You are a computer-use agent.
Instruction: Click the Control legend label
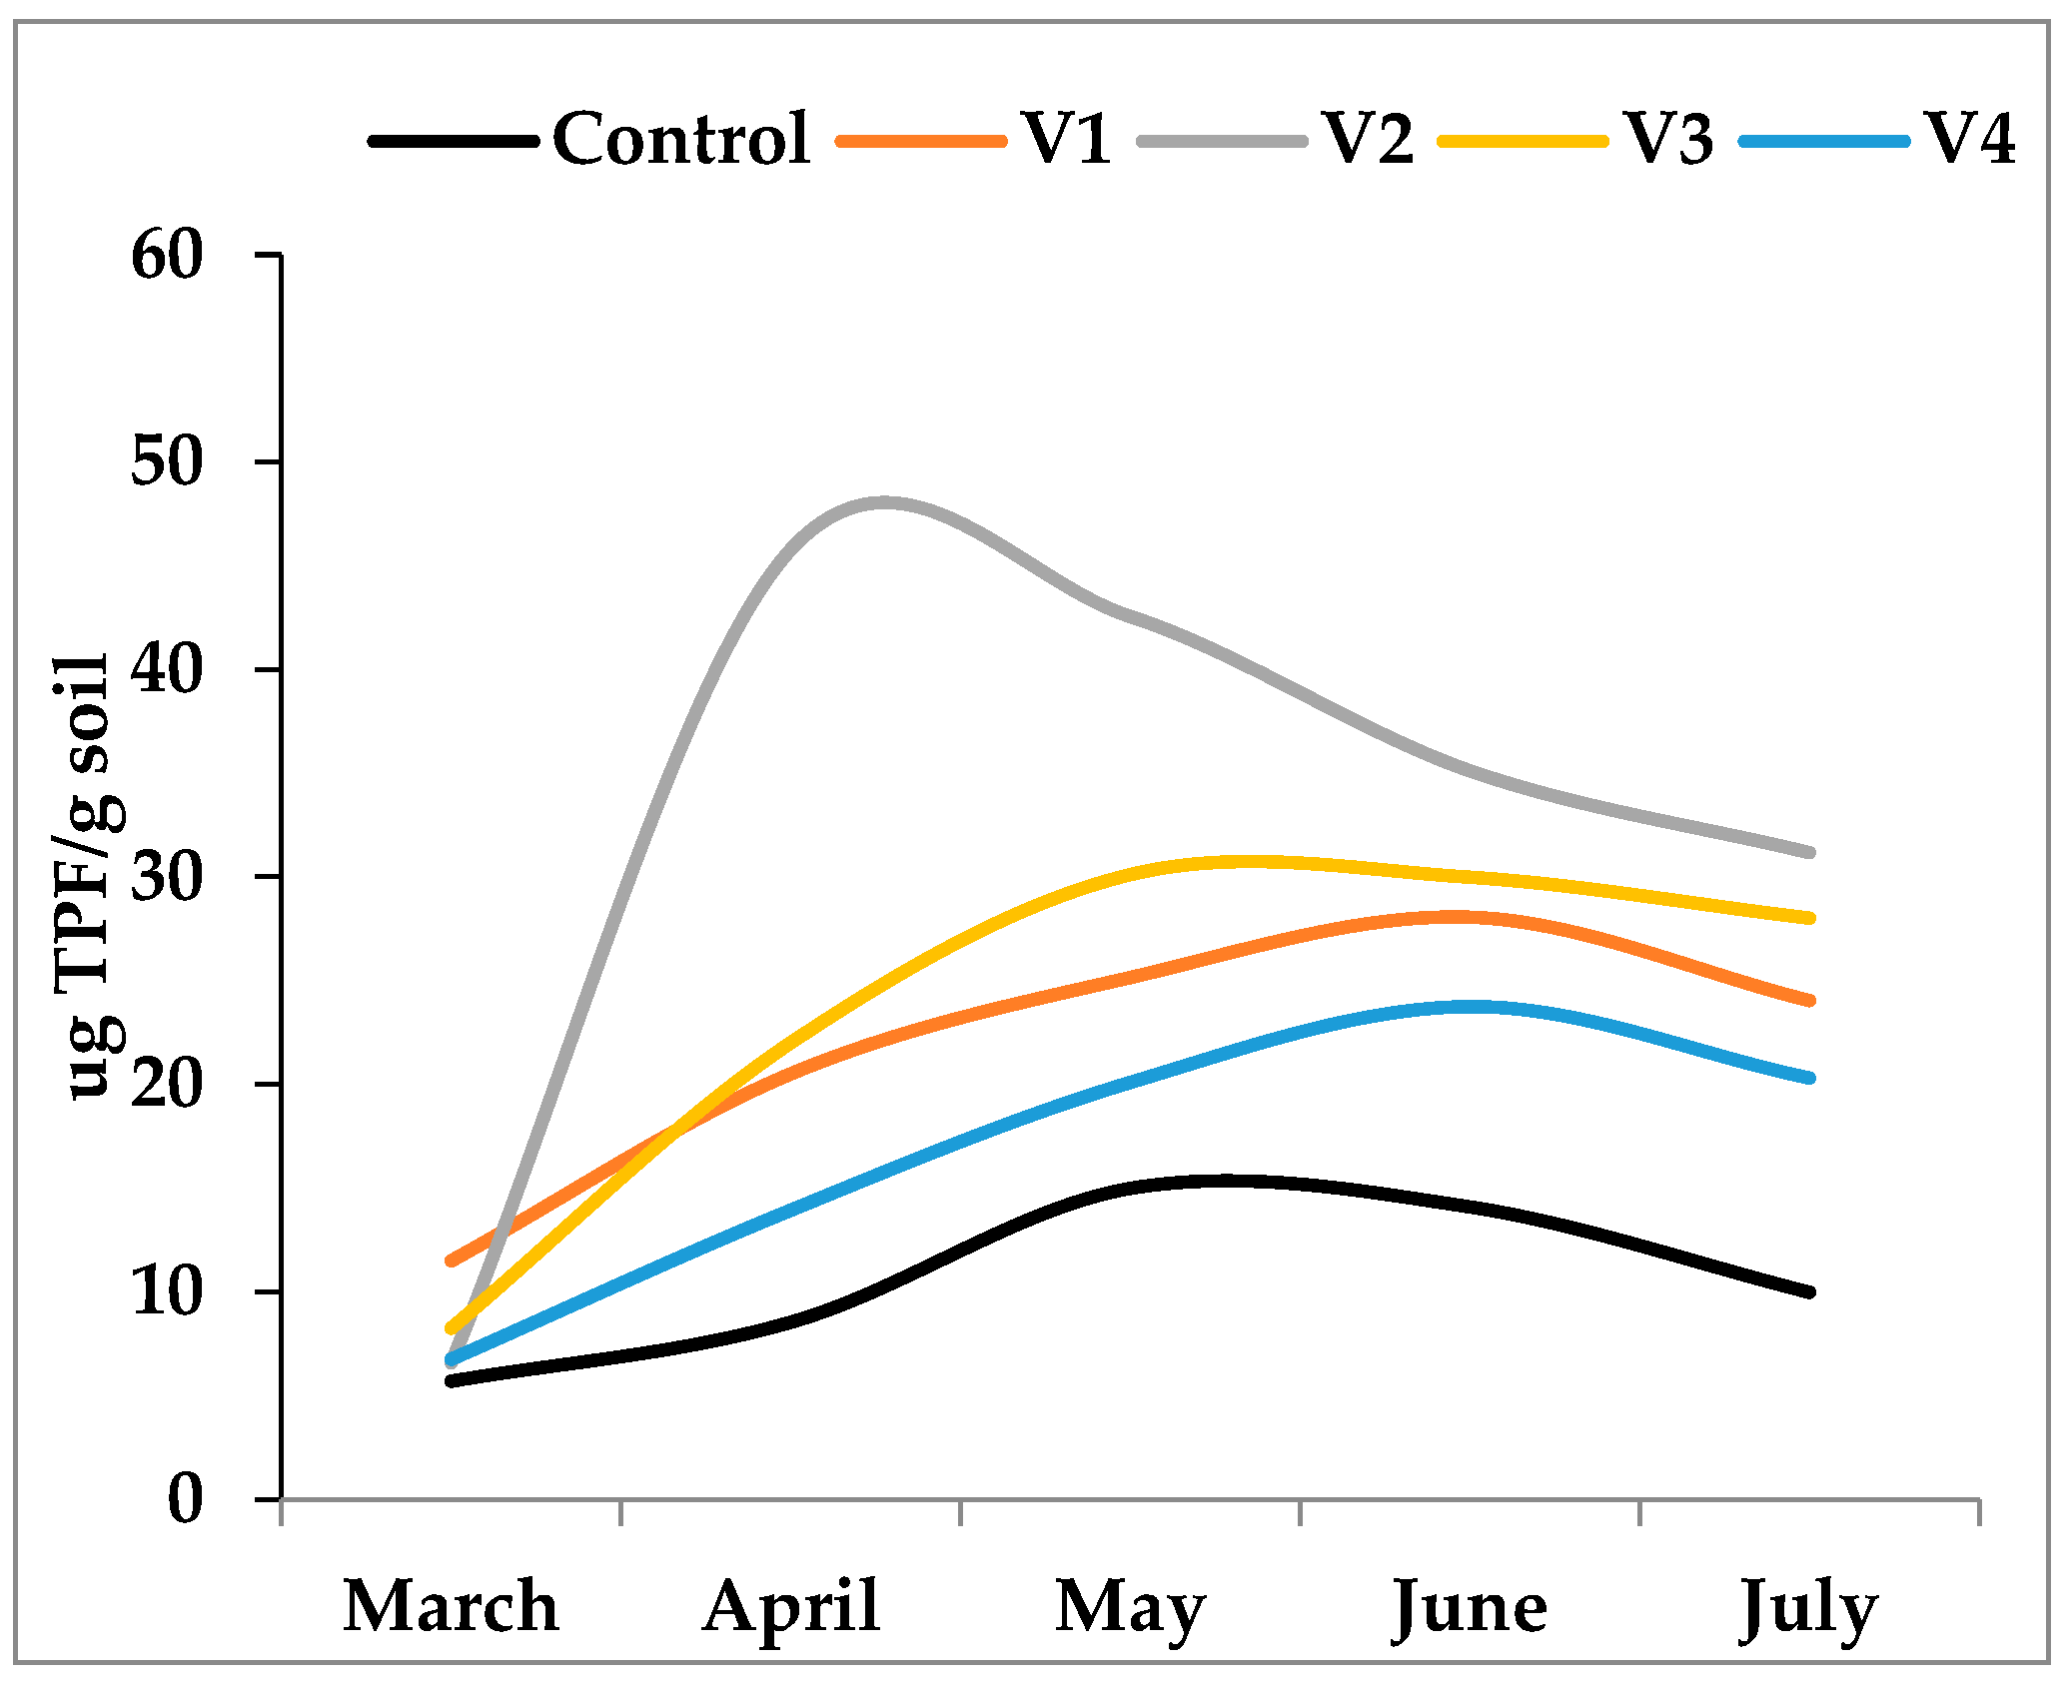pyautogui.click(x=680, y=139)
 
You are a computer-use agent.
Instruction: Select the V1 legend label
pyautogui.click(x=1067, y=139)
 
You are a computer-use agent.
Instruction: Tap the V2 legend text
pyautogui.click(x=1369, y=139)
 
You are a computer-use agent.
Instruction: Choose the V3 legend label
pyautogui.click(x=1669, y=139)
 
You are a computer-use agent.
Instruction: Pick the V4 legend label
pyautogui.click(x=1970, y=139)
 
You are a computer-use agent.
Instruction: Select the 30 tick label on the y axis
pyautogui.click(x=167, y=878)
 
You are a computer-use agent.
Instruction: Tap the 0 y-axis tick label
pyautogui.click(x=185, y=1499)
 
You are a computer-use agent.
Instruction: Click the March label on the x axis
pyautogui.click(x=451, y=1607)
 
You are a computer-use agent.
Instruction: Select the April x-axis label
pyautogui.click(x=791, y=1607)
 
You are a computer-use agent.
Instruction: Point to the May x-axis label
pyautogui.click(x=1130, y=1609)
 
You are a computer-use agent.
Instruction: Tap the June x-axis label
pyautogui.click(x=1470, y=1609)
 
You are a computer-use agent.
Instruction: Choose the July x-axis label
pyautogui.click(x=1809, y=1609)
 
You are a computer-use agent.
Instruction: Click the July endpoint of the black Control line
pyautogui.click(x=1809, y=1292)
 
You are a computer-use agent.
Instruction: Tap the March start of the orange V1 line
pyautogui.click(x=452, y=1261)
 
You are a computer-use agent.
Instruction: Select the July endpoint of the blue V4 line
pyautogui.click(x=1809, y=1078)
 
